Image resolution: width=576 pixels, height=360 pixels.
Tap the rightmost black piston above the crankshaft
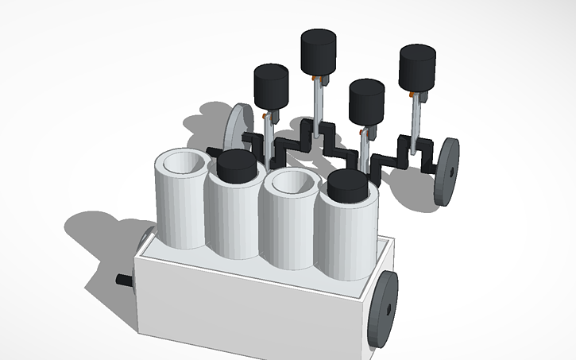(417, 68)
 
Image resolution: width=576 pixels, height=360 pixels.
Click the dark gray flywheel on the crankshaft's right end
(447, 172)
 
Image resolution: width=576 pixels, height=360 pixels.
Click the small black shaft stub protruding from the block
(125, 279)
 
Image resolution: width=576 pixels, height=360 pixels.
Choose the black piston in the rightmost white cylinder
(347, 185)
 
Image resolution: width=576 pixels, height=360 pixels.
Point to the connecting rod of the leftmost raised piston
(270, 127)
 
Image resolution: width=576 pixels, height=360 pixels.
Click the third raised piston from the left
(366, 99)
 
